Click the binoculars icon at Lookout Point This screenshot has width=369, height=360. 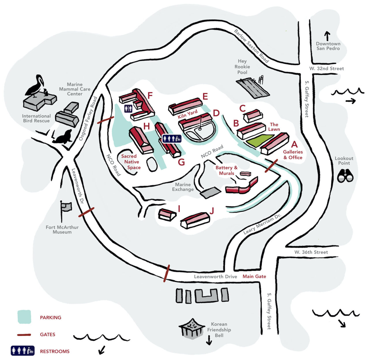click(345, 175)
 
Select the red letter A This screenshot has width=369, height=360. click(294, 144)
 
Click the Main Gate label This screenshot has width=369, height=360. click(254, 276)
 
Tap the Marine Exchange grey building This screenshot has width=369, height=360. click(210, 192)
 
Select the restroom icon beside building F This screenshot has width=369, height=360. click(128, 108)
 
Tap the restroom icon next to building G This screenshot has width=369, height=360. click(172, 139)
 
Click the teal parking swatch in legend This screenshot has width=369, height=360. click(24, 317)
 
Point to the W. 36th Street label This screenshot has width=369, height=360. click(311, 252)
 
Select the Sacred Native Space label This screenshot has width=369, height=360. click(131, 162)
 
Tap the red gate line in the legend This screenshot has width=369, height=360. click(24, 335)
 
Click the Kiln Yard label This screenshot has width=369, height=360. click(187, 114)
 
